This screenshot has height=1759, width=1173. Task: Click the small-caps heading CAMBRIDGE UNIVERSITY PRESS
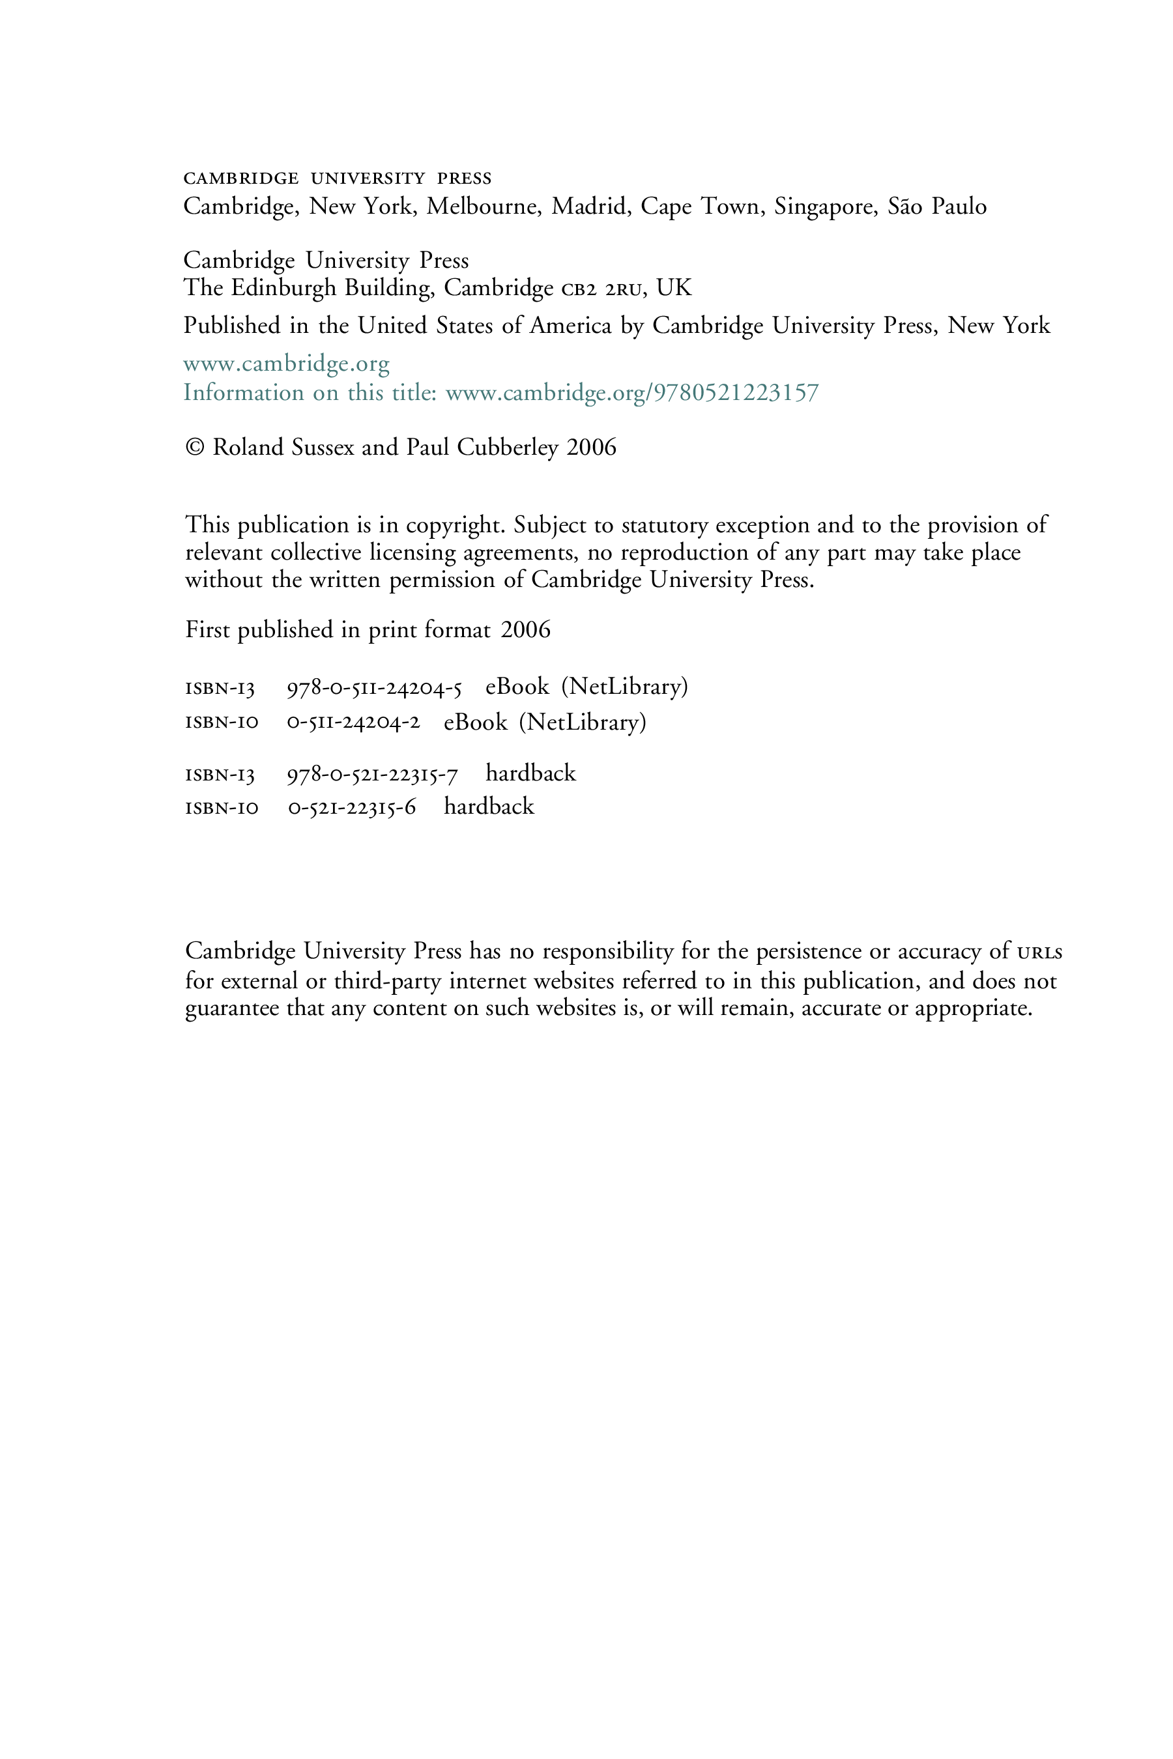tap(338, 178)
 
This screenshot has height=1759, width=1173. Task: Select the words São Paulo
tap(936, 206)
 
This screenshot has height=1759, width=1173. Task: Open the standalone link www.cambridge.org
tap(287, 365)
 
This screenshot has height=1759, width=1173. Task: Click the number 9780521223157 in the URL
tap(736, 393)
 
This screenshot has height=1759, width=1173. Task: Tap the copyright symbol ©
tap(194, 447)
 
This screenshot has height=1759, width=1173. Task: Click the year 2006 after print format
tap(525, 630)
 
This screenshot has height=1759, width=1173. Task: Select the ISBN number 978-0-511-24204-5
tap(374, 688)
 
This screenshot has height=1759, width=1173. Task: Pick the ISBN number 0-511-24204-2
tap(354, 723)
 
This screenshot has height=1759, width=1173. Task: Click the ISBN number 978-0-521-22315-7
tap(373, 775)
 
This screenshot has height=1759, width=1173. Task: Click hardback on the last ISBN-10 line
tap(489, 807)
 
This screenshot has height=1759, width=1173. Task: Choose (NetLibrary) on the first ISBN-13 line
tap(624, 687)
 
